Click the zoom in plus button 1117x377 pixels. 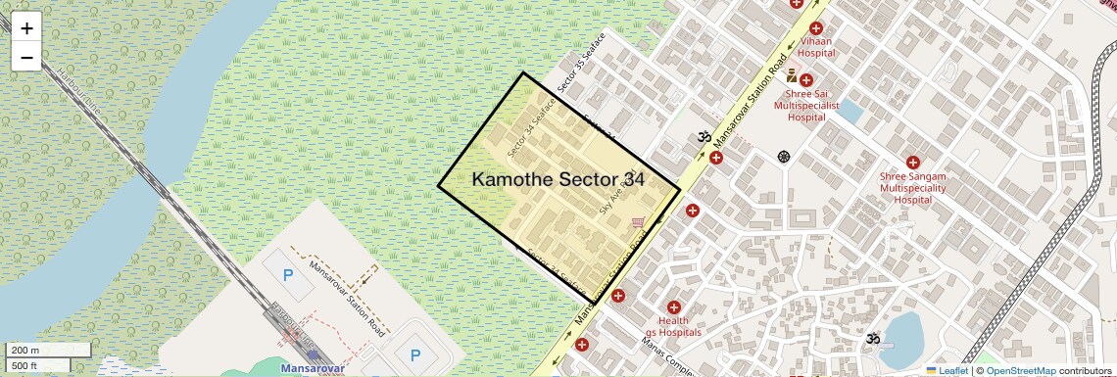point(26,27)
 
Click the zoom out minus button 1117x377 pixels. point(26,57)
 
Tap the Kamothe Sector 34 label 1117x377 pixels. point(558,179)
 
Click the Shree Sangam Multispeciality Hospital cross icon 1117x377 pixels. point(912,163)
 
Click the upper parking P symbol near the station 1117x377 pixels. point(288,276)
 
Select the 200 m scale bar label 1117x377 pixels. point(25,350)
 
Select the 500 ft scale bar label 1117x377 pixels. point(25,366)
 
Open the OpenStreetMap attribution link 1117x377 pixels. point(1020,371)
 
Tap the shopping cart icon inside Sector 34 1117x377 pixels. point(639,224)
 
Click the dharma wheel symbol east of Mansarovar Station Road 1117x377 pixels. point(784,157)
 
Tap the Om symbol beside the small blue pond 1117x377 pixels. point(872,338)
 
